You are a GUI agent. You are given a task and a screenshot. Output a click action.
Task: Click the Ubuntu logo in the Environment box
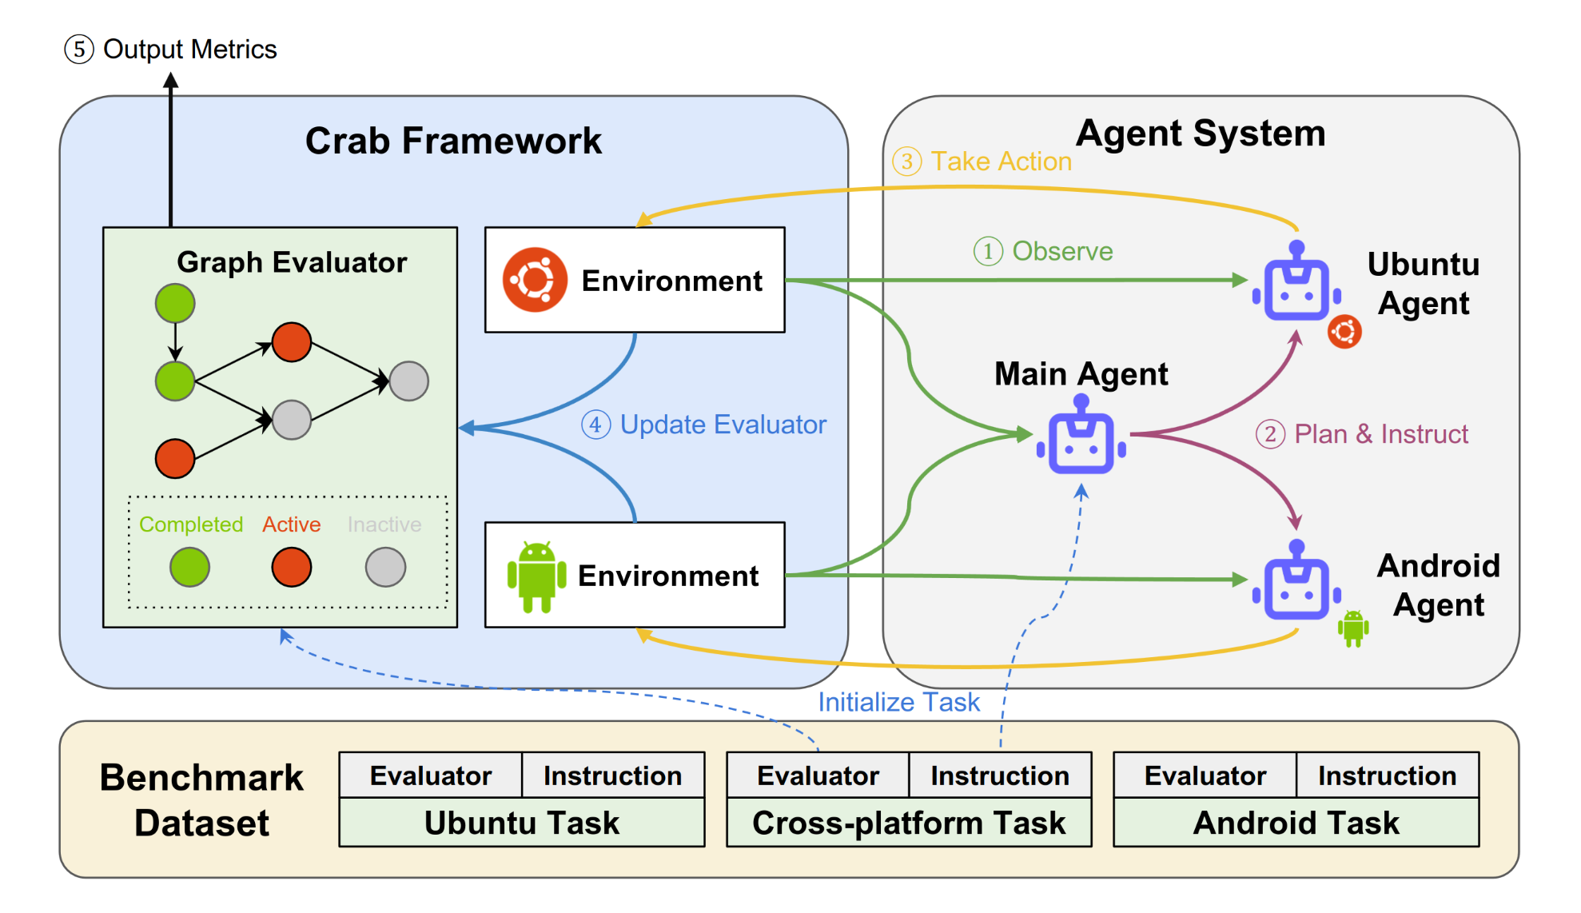coord(535,280)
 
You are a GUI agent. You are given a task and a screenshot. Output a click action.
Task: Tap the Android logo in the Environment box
coord(536,576)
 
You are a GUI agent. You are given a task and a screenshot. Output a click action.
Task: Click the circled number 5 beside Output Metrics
coord(79,50)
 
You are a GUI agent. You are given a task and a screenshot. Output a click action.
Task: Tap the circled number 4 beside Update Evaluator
coord(595,425)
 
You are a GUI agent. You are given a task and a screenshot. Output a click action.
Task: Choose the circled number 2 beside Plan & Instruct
coord(1270,434)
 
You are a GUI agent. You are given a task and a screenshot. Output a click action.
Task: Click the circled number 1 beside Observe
coord(988,251)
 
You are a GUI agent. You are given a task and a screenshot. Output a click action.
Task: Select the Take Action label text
coord(1001,161)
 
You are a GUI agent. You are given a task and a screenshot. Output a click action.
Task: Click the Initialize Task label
coord(898,702)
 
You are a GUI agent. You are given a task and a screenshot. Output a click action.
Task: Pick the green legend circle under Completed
coord(190,568)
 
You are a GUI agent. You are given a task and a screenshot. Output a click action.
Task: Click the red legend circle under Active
coord(292,568)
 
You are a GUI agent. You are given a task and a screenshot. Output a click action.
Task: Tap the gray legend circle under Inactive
coord(386,568)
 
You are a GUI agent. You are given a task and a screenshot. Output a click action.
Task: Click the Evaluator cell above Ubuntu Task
coord(431,775)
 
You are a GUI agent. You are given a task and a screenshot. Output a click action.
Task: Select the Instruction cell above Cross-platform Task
coord(1000,775)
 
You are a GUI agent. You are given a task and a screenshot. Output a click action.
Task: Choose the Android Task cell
coord(1296,822)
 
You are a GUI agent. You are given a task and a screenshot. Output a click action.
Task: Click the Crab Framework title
coord(453,141)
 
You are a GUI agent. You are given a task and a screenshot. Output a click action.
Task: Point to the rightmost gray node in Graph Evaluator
coord(409,381)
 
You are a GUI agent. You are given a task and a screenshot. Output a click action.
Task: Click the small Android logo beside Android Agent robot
coord(1353,628)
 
